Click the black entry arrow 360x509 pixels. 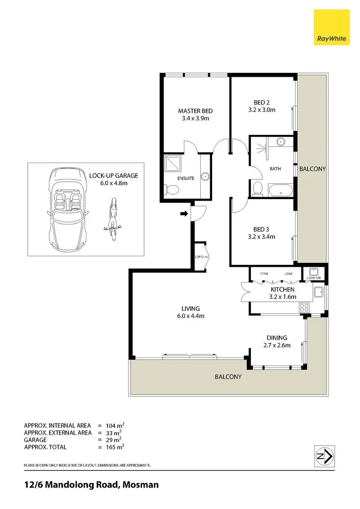pyautogui.click(x=184, y=213)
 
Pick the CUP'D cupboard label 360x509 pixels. pyautogui.click(x=200, y=257)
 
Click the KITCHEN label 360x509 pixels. pyautogui.click(x=282, y=290)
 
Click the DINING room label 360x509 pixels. pyautogui.click(x=276, y=338)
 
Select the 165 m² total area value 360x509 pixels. pyautogui.click(x=115, y=447)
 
